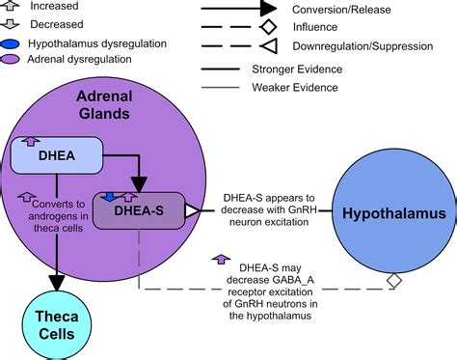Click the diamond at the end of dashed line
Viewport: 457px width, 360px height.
coord(393,281)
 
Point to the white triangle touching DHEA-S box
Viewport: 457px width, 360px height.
coord(191,210)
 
